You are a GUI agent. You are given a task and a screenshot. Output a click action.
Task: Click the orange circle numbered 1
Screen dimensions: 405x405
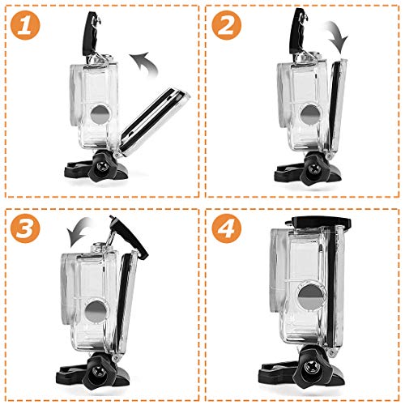pyautogui.click(x=25, y=25)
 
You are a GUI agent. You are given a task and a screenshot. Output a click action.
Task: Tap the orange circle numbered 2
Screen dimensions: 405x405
pyautogui.click(x=226, y=25)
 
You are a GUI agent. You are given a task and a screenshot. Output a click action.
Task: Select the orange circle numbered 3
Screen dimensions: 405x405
pyautogui.click(x=25, y=228)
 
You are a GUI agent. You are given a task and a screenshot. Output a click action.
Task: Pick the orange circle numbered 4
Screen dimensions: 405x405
pyautogui.click(x=226, y=228)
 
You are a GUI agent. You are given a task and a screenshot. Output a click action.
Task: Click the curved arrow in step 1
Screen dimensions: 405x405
pyautogui.click(x=147, y=61)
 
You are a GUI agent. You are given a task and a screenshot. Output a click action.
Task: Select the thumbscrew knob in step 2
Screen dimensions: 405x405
pyautogui.click(x=314, y=168)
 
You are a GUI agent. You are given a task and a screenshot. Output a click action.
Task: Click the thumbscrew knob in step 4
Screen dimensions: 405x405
pyautogui.click(x=309, y=367)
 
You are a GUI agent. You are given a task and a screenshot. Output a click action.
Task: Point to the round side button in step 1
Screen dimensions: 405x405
pyautogui.click(x=100, y=115)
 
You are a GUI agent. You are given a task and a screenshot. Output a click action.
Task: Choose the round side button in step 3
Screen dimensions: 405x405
pyautogui.click(x=95, y=311)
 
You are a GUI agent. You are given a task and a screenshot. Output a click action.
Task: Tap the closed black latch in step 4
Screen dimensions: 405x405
pyautogui.click(x=318, y=222)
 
